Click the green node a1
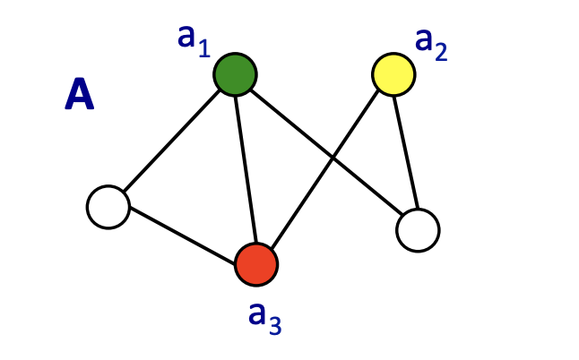pos(235,74)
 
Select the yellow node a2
pos(393,74)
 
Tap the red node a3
pos(256,264)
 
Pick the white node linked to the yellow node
pos(418,230)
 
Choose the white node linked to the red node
pos(108,207)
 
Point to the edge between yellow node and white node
pos(406,152)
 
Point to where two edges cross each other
pos(333,159)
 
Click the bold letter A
pos(79,95)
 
